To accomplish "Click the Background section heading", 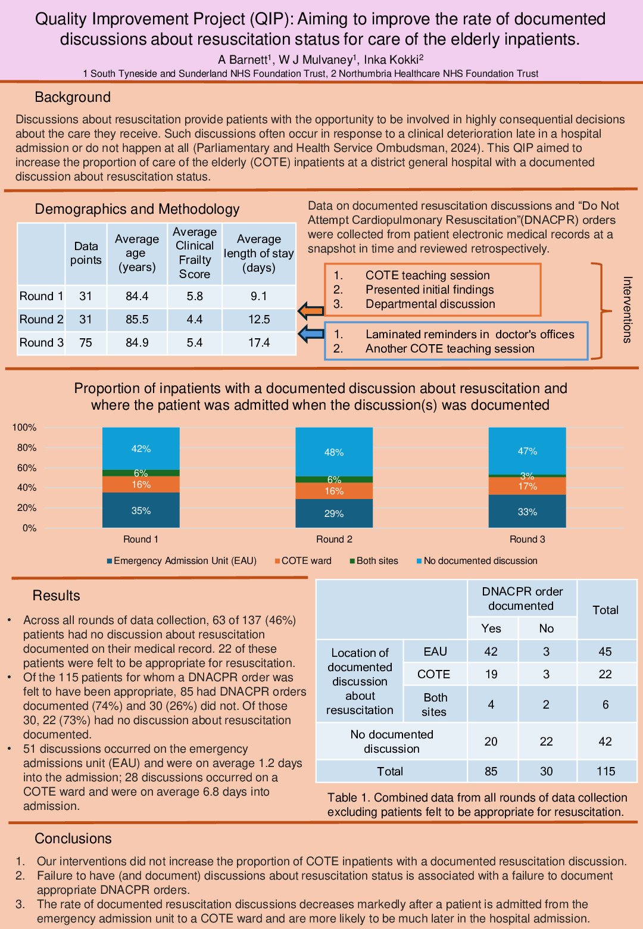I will click(73, 97).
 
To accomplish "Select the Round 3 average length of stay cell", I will click(259, 343).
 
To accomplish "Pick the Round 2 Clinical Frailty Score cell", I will click(195, 320).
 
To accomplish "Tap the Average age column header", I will click(137, 253).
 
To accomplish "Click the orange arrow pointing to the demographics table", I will click(310, 310).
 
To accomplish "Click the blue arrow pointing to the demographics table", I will click(310, 334).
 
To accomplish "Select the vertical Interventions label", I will click(626, 309).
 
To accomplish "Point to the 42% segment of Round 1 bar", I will click(141, 448).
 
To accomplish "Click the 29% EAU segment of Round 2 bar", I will click(334, 513).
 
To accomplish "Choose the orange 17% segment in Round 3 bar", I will click(527, 487).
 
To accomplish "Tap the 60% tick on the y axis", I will click(24, 467).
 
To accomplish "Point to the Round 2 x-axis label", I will click(334, 540).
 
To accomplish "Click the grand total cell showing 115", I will click(605, 771).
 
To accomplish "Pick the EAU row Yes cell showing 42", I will click(491, 651).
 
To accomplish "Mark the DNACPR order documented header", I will click(522, 598).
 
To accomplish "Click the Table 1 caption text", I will click(477, 805).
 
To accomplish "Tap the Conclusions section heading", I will click(73, 838).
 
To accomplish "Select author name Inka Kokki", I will click(393, 60).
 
